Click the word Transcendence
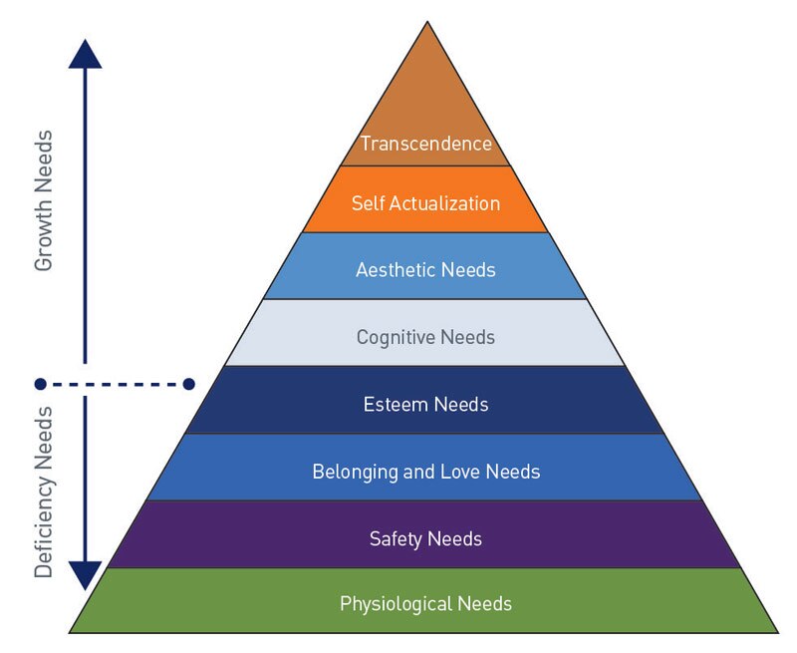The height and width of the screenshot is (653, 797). tap(425, 144)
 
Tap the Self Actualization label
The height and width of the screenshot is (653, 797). tap(425, 203)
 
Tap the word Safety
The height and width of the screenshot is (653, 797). tap(396, 539)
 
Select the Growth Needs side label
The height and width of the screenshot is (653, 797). tap(44, 200)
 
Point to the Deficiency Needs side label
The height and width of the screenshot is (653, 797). tap(44, 490)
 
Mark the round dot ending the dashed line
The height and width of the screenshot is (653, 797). tap(40, 383)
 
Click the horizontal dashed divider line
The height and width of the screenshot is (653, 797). tap(115, 383)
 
